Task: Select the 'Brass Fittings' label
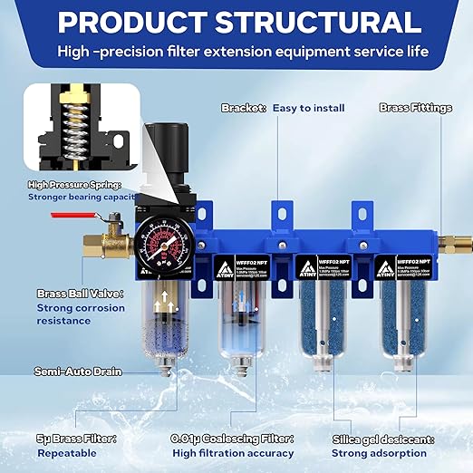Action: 414,108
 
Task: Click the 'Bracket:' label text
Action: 244,108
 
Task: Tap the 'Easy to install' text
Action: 310,108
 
